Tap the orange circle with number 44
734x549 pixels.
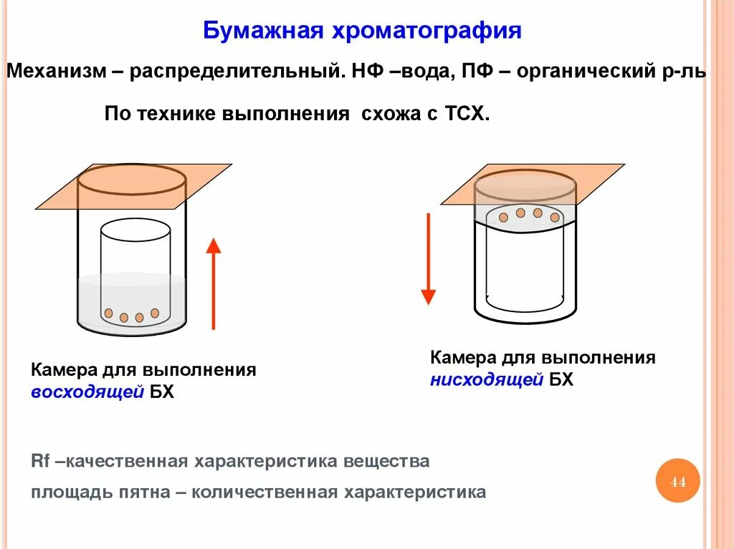click(677, 482)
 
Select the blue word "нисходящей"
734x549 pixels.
click(487, 379)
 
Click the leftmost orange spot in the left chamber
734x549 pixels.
click(108, 313)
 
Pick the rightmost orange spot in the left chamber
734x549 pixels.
click(155, 313)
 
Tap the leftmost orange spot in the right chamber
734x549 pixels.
click(504, 217)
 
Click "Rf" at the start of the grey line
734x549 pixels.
click(39, 461)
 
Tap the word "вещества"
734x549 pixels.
click(386, 461)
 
